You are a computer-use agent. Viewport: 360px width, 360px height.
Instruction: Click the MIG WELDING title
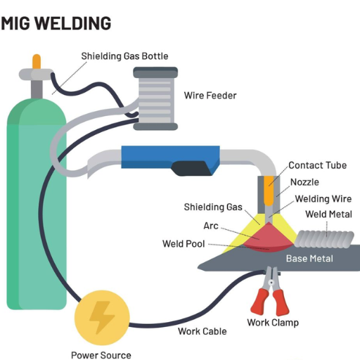pyautogui.click(x=56, y=23)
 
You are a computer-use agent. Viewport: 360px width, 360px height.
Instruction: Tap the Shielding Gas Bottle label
pyautogui.click(x=124, y=56)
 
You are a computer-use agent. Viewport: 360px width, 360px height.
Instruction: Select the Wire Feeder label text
pyautogui.click(x=210, y=96)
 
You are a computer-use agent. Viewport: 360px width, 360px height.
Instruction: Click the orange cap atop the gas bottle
pyautogui.click(x=37, y=61)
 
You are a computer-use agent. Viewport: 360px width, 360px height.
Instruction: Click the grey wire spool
pyautogui.click(x=155, y=98)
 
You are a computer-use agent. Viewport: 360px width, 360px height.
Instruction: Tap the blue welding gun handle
pyautogui.click(x=170, y=157)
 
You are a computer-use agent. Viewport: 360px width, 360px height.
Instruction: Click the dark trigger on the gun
pyautogui.click(x=191, y=168)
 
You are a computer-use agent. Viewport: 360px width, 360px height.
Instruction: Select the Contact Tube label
pyautogui.click(x=318, y=165)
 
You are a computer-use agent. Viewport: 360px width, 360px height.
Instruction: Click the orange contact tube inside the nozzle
pyautogui.click(x=269, y=191)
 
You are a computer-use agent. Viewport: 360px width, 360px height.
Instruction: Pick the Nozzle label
pyautogui.click(x=304, y=182)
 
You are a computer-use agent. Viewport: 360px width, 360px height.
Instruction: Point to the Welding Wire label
pyautogui.click(x=323, y=199)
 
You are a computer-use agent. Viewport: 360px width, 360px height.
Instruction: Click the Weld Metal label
pyautogui.click(x=328, y=214)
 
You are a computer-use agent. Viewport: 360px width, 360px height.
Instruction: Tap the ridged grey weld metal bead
pyautogui.click(x=324, y=239)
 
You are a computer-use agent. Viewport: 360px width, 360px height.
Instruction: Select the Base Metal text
pyautogui.click(x=309, y=259)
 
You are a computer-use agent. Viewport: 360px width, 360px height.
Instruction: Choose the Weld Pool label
pyautogui.click(x=184, y=244)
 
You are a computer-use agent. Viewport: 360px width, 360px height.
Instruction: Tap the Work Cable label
pyautogui.click(x=202, y=331)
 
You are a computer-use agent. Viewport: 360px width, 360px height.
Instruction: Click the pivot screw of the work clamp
pyautogui.click(x=271, y=283)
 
